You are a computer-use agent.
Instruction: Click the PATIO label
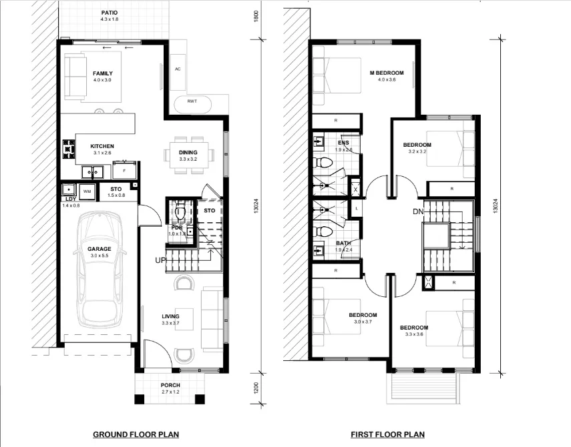click(x=110, y=13)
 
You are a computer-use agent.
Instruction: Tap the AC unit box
click(x=178, y=72)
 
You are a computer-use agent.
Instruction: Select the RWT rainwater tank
click(x=192, y=104)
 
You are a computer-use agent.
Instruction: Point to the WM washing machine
click(x=87, y=191)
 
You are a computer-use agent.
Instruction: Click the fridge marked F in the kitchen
click(x=124, y=169)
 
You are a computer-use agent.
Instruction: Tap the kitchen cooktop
click(x=69, y=149)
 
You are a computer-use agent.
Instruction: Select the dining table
click(x=189, y=155)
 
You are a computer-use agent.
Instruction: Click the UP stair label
click(x=160, y=260)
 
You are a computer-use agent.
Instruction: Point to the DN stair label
click(x=418, y=211)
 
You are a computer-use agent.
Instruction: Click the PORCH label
click(x=170, y=385)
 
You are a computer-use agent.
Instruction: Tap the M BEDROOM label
click(x=387, y=73)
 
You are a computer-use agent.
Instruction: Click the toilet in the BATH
click(x=323, y=232)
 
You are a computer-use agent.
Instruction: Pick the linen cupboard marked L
click(x=357, y=209)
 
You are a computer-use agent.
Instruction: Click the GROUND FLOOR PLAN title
click(x=136, y=434)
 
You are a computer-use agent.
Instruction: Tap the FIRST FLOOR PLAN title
click(x=387, y=434)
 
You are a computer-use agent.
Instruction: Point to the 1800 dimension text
click(x=256, y=17)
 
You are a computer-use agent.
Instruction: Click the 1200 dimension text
click(x=256, y=388)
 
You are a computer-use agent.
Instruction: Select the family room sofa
click(x=75, y=76)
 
